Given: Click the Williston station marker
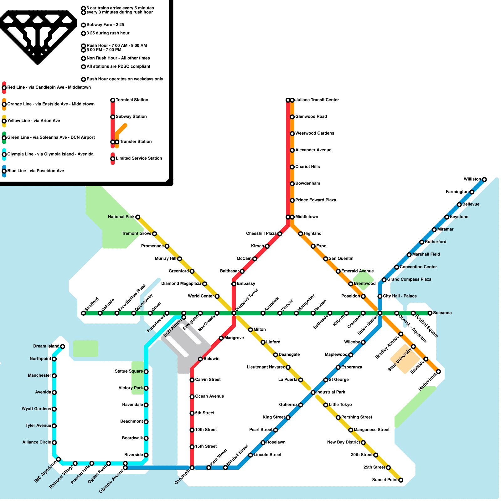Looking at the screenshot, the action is tap(484, 179).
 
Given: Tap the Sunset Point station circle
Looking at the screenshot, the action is tap(400, 480).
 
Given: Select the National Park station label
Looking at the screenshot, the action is tap(121, 217).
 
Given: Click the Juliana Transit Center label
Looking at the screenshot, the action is tap(317, 100).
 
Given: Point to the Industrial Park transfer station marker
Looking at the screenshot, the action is tap(313, 392).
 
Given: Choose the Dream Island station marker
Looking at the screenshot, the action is tap(63, 346).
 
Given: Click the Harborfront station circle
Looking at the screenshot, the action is tap(438, 372).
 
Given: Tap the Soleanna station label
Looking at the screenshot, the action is tap(442, 313).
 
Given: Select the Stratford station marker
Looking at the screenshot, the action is tap(83, 313).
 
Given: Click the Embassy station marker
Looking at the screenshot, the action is tap(234, 284).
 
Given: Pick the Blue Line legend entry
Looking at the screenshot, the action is tap(35, 171).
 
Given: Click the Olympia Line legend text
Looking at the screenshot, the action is tap(50, 154).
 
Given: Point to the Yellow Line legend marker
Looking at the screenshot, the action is tap(4, 121).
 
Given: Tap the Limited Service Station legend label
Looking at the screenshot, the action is tap(139, 158).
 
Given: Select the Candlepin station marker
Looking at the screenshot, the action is tap(192, 468).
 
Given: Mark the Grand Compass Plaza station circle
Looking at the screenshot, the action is tap(384, 280).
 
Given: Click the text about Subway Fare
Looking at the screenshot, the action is tap(105, 25).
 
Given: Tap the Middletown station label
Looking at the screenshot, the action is tap(307, 217).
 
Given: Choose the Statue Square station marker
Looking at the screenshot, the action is tap(146, 372).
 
